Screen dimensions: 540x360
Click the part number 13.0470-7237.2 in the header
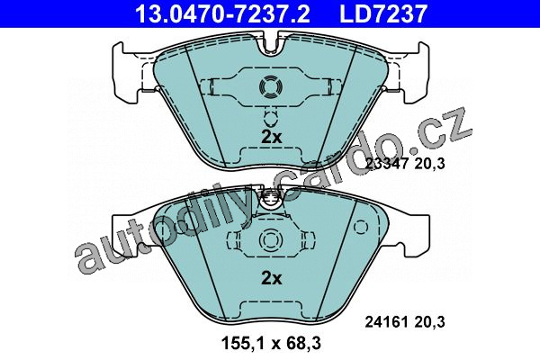222,13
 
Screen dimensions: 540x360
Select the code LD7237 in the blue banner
383,13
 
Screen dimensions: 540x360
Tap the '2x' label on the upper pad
272,137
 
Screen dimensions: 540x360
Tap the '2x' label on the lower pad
272,278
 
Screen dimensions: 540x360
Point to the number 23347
387,163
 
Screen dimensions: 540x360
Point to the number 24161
387,322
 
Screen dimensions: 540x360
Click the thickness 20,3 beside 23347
429,163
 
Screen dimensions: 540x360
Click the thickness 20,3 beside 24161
429,322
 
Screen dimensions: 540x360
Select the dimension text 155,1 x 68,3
272,343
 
